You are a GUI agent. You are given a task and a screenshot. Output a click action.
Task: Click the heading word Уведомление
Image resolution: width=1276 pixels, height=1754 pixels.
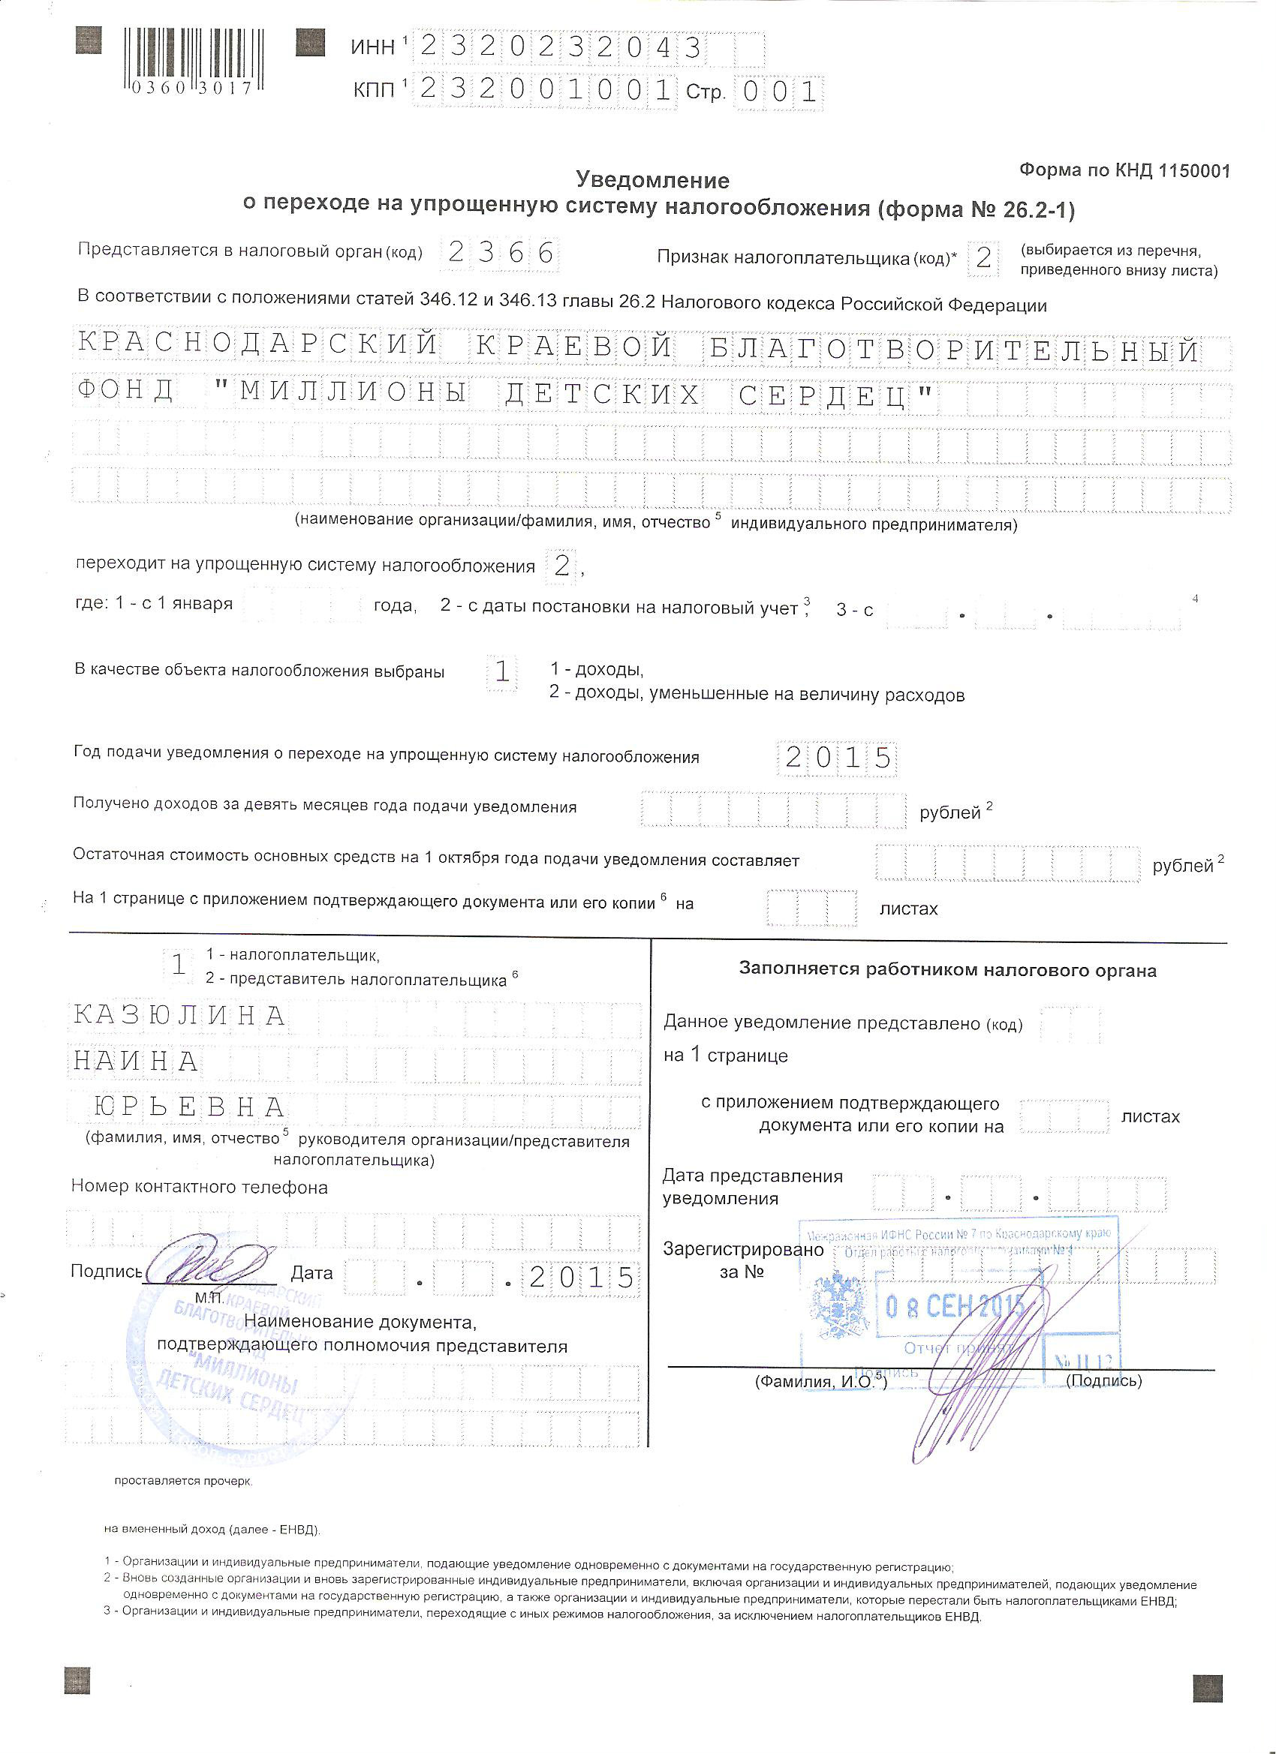click(652, 180)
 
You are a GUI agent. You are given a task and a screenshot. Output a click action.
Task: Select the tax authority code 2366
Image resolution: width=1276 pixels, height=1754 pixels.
click(501, 253)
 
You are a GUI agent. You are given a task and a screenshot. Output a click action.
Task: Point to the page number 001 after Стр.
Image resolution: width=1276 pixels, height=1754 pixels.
click(778, 92)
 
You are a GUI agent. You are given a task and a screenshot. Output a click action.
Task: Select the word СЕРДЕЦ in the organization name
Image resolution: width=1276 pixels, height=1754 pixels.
click(835, 397)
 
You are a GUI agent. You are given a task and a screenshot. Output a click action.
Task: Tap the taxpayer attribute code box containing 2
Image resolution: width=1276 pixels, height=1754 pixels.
click(983, 257)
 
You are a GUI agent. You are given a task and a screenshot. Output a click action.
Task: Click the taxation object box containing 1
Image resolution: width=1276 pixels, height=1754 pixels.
click(502, 671)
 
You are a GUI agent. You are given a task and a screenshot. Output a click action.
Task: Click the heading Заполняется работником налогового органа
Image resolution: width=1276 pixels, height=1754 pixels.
click(947, 970)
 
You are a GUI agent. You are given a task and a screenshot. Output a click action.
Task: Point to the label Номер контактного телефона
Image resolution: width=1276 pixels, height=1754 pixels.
click(200, 1186)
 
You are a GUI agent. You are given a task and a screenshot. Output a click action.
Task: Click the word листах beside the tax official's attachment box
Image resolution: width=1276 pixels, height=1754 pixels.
click(1150, 1117)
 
